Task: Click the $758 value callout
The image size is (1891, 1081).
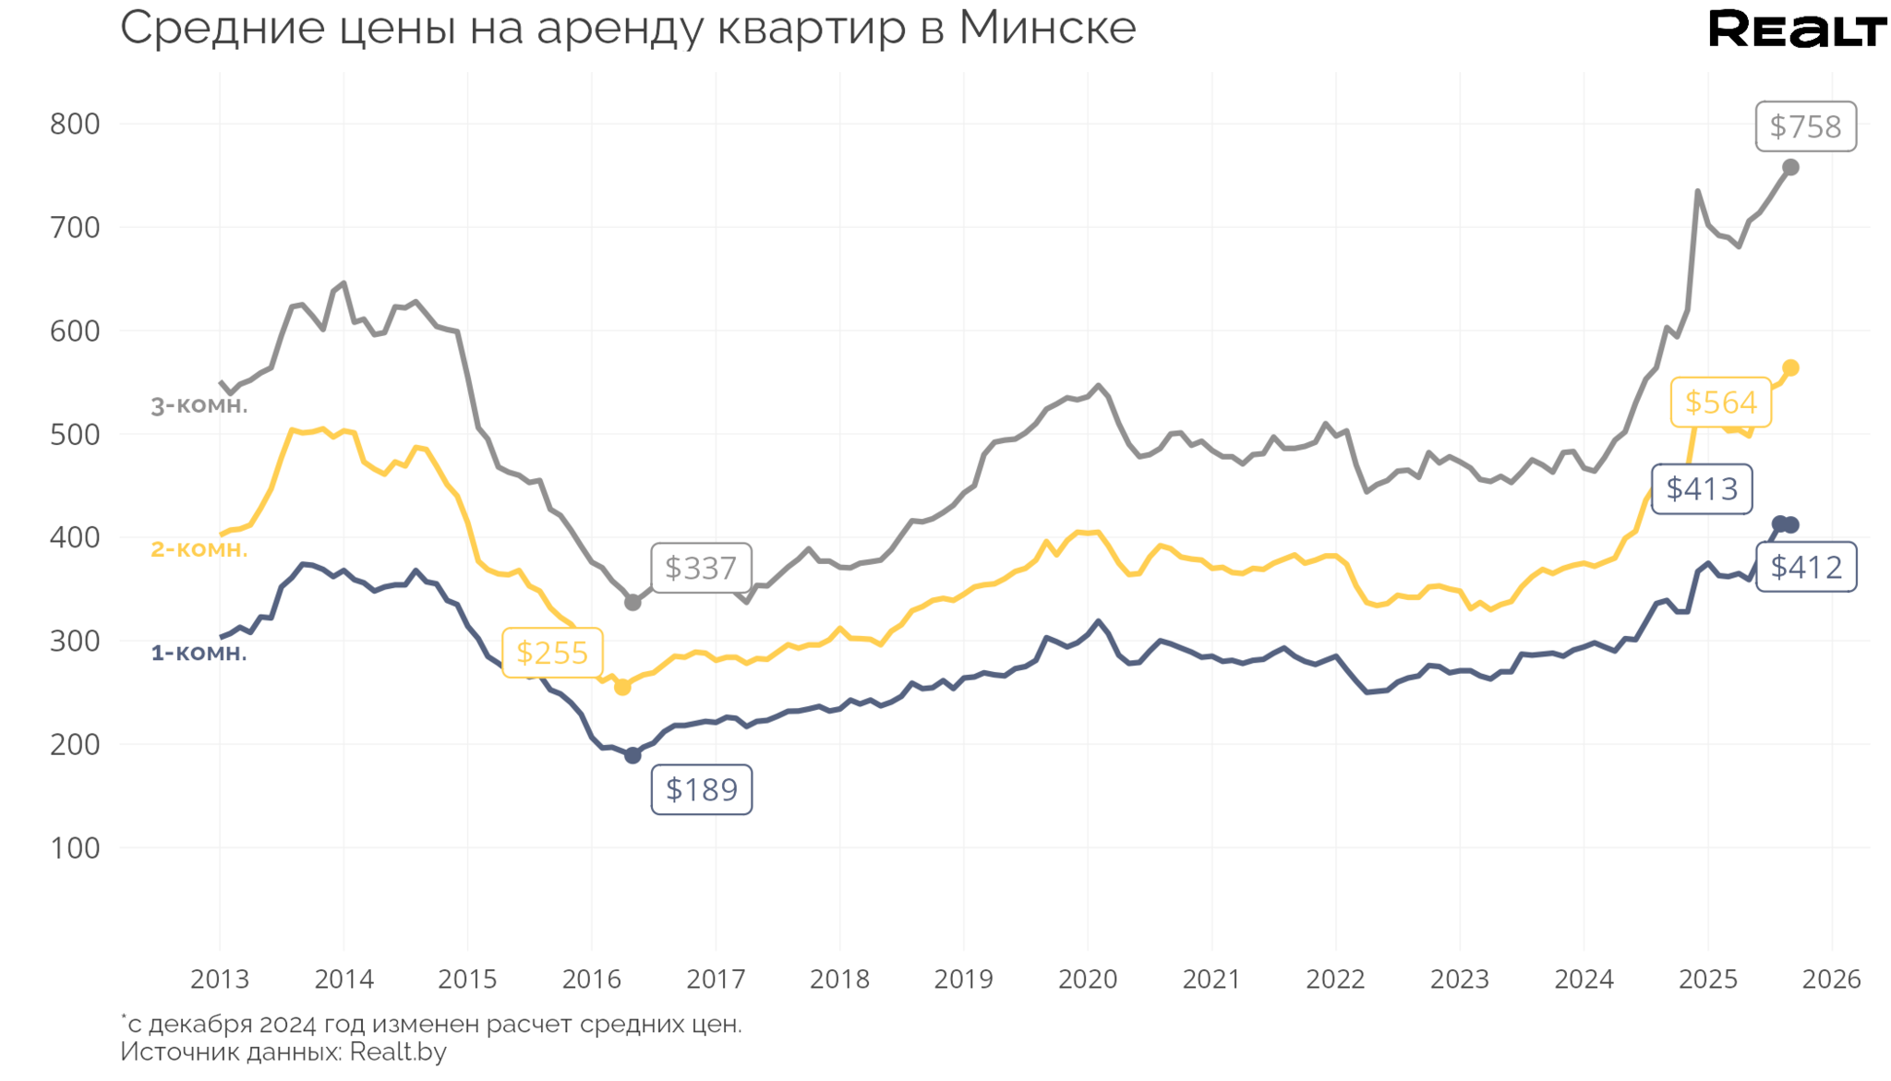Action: point(1804,126)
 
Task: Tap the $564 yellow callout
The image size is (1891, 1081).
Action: point(1720,402)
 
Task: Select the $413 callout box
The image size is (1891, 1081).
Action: point(1701,488)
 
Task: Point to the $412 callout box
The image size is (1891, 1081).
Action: point(1805,567)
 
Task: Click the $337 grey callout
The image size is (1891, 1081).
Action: point(701,568)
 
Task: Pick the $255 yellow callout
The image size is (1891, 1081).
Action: point(552,653)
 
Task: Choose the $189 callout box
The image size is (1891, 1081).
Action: point(701,789)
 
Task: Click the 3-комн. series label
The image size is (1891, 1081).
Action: point(199,405)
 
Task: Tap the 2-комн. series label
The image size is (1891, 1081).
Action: point(199,549)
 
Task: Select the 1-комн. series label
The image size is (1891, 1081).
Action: point(199,653)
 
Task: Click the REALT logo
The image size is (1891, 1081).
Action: point(1797,30)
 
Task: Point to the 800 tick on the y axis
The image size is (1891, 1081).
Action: point(75,124)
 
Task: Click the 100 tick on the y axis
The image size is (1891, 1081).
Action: point(75,847)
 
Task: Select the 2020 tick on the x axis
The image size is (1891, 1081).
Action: point(1088,979)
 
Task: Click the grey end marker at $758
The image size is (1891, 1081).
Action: point(1790,167)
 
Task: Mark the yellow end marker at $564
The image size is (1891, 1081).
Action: point(1790,368)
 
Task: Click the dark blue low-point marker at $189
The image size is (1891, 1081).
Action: point(632,756)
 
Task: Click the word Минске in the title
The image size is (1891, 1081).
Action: point(1047,28)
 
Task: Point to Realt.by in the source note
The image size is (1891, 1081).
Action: point(398,1051)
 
